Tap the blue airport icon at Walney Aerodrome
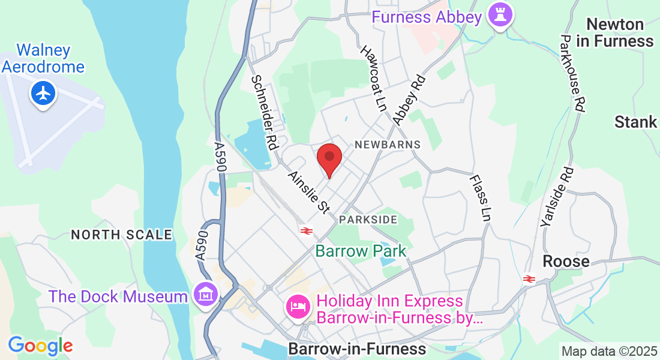pos(43,93)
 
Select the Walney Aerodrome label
pos(43,58)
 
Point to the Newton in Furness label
pos(615,33)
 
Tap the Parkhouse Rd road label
pos(573,73)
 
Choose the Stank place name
pos(636,122)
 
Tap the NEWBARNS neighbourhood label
pos(388,145)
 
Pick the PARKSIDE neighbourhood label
pos(368,220)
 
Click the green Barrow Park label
pos(361,251)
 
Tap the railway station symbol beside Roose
pos(529,278)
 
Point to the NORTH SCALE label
pos(122,235)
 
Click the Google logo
pos(40,346)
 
